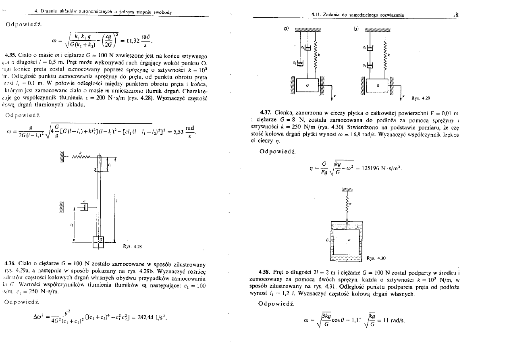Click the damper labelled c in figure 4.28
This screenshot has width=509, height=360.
84,207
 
